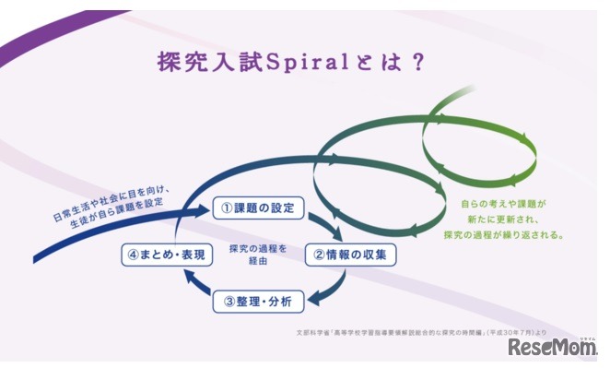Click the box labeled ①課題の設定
click(258, 208)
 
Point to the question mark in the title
click(416, 62)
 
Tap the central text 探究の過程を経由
click(252, 253)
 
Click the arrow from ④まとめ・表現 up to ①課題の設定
click(178, 226)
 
